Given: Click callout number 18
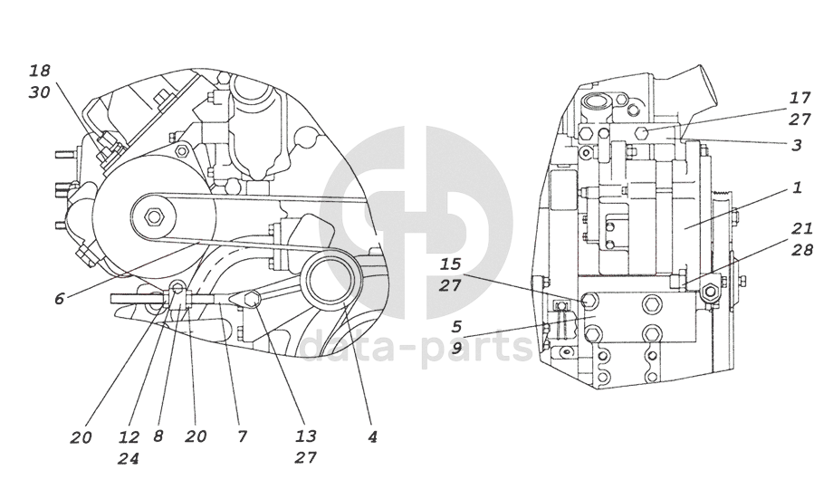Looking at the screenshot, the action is pos(40,70).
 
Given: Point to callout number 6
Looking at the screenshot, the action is pos(59,298).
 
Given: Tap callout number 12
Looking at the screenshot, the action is pos(128,437).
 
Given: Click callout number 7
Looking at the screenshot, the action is pos(242,437).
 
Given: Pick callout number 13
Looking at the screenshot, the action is pos(305,437).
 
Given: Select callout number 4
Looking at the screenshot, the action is pos(371,437).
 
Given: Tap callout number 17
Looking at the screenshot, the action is pos(799,97).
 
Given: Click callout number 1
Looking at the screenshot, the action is pos(797,188).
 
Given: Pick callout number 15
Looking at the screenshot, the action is pos(450,264).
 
